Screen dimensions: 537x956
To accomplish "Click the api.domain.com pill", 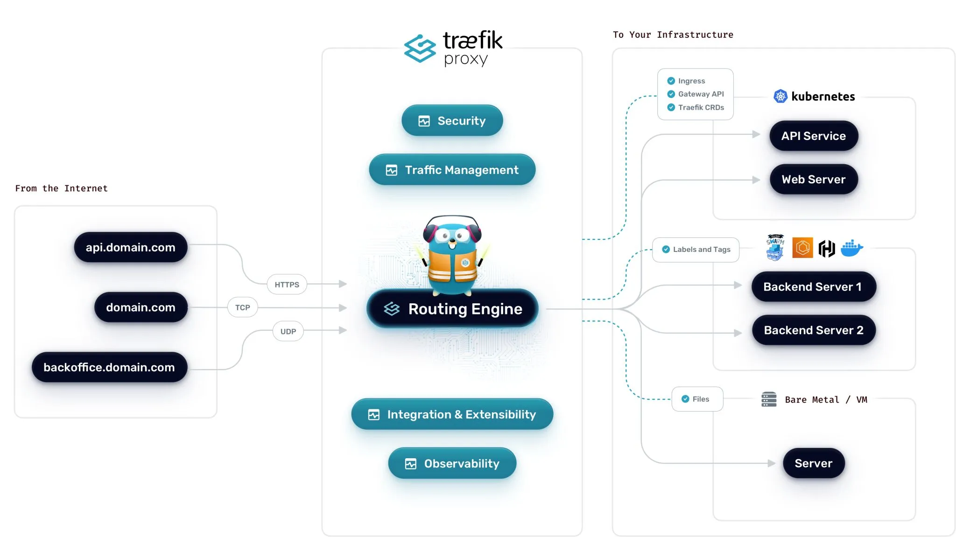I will (x=131, y=247).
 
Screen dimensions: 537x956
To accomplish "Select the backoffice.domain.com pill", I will (x=109, y=367).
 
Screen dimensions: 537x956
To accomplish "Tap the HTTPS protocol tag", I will (x=287, y=285).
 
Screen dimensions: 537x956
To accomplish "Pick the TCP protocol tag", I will (x=242, y=307).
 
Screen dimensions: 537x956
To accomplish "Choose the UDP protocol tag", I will (x=288, y=331).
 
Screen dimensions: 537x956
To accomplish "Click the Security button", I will (x=452, y=121).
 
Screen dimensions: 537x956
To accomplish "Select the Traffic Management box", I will (x=452, y=170).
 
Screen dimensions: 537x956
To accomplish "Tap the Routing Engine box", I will (x=452, y=309).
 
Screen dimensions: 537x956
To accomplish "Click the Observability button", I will (x=452, y=463).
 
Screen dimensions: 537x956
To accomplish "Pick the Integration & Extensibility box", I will (x=452, y=414).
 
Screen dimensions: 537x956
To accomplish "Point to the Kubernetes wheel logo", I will (x=780, y=97).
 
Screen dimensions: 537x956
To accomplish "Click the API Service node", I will (x=813, y=136).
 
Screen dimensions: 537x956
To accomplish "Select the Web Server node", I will (x=813, y=180).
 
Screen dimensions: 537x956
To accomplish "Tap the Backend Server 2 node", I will (x=813, y=330).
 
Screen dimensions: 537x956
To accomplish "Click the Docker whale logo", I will (x=851, y=248).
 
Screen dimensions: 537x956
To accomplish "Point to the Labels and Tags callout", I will (x=696, y=250).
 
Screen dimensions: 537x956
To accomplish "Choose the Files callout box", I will (x=697, y=399).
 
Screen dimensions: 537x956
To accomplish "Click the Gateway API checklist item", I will (x=696, y=94).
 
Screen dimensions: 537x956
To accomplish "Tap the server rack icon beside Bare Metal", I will (x=769, y=399).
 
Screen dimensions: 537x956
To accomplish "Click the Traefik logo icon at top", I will (x=420, y=48).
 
